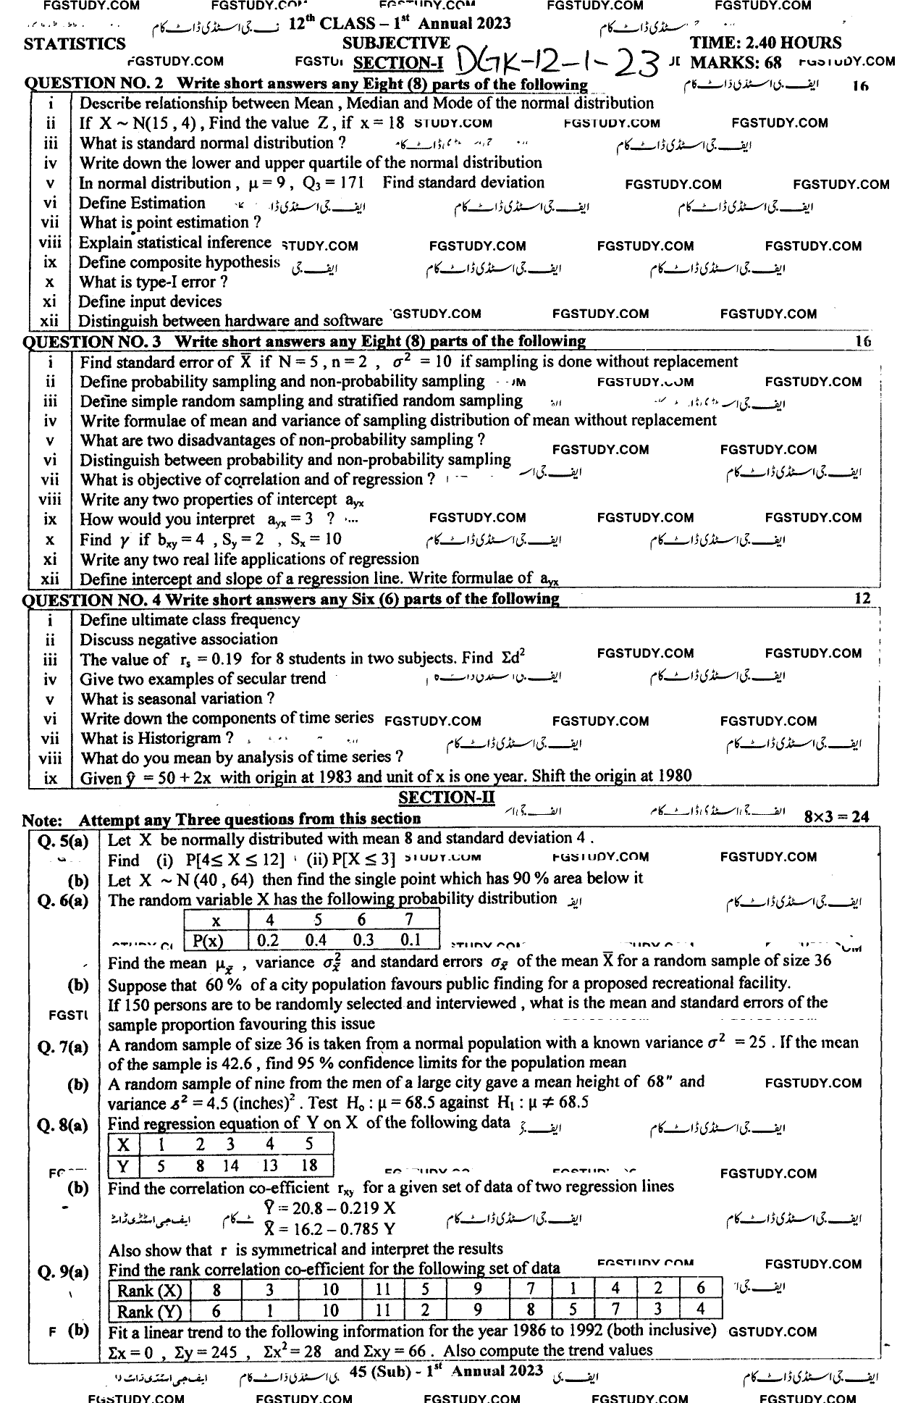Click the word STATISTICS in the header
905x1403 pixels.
pyautogui.click(x=75, y=44)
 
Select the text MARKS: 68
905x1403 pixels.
pyautogui.click(x=736, y=62)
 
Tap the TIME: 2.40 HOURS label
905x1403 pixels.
pyautogui.click(x=765, y=43)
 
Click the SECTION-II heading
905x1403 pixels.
pyautogui.click(x=447, y=797)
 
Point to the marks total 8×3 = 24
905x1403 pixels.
pyautogui.click(x=836, y=816)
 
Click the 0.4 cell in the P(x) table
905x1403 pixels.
pyautogui.click(x=316, y=940)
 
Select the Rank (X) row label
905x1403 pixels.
pyautogui.click(x=150, y=1290)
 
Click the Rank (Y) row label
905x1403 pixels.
pyautogui.click(x=150, y=1311)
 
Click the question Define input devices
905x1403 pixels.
pyautogui.click(x=150, y=301)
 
